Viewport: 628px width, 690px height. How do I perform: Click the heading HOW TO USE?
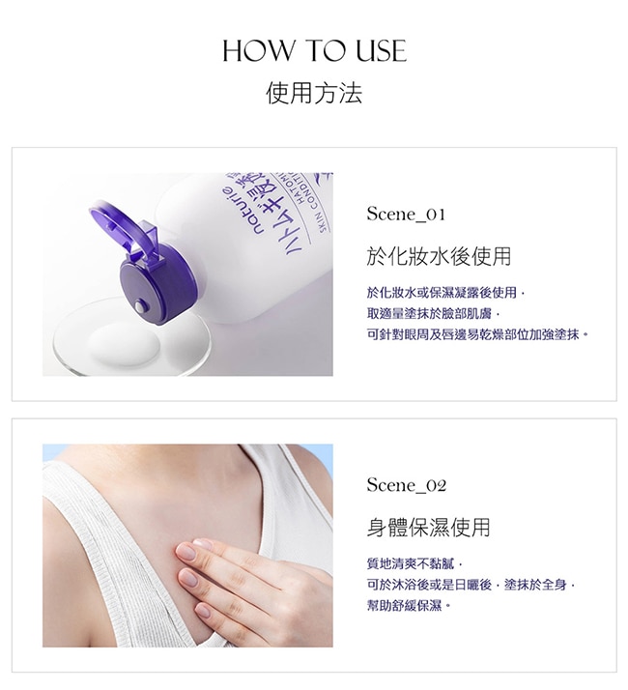(314, 50)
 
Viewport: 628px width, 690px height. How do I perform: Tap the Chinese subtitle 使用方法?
(314, 93)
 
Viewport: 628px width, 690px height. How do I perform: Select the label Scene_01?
(406, 215)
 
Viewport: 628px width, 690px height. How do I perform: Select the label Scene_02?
(406, 485)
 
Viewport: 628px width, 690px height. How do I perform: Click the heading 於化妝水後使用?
(439, 256)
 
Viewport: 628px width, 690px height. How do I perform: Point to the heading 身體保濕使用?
(428, 528)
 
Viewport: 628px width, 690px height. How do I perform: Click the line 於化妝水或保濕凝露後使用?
(445, 293)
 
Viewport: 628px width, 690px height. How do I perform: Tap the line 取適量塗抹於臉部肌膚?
(434, 314)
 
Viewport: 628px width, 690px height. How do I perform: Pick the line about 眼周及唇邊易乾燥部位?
(477, 334)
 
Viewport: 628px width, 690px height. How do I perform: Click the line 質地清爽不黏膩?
(414, 563)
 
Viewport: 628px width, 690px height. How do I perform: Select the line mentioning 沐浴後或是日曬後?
(471, 585)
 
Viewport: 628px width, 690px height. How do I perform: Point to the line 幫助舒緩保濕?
(409, 606)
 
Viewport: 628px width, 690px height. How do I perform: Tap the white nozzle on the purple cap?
(140, 306)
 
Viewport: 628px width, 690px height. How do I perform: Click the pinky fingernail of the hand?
(203, 611)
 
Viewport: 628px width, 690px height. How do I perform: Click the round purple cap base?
(157, 290)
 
